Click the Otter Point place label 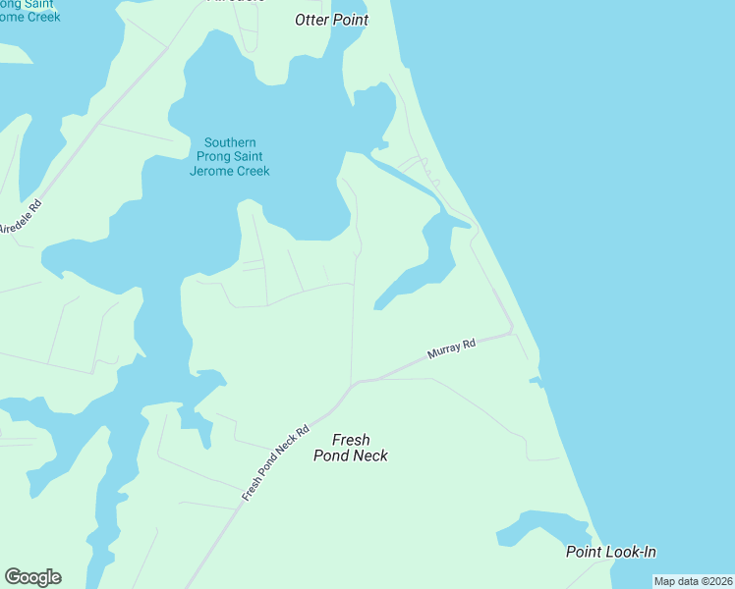click(x=332, y=20)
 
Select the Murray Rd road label click(x=452, y=349)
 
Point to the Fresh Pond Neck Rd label click(x=276, y=463)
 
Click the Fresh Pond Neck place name click(x=351, y=448)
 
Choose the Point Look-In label click(x=610, y=552)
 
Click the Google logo click(x=32, y=577)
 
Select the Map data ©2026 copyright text click(x=693, y=581)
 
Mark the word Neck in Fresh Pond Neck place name click(x=370, y=455)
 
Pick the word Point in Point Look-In click(x=584, y=552)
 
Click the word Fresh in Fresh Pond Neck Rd click(x=253, y=488)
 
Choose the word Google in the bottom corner click(x=32, y=577)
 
